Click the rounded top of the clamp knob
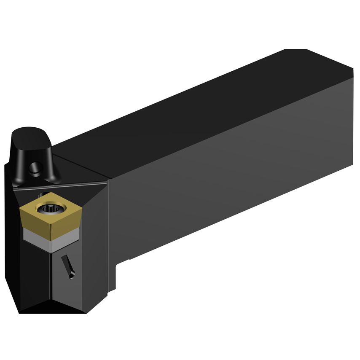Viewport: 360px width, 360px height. [x=30, y=134]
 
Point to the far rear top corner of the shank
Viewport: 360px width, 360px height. [x=295, y=49]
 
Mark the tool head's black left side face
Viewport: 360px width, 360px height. [x=13, y=253]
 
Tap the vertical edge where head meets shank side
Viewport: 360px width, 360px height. [x=109, y=236]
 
